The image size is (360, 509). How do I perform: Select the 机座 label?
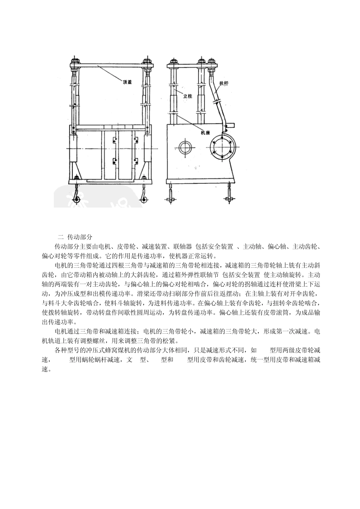(x=205, y=133)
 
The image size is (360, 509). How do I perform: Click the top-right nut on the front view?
(x=147, y=61)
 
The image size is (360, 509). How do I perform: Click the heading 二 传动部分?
(x=75, y=237)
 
